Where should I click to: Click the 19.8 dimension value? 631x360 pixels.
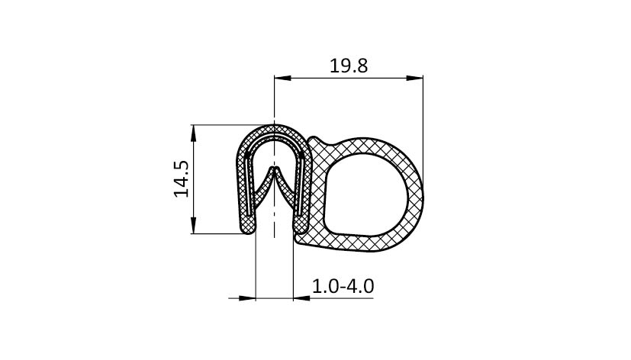point(349,66)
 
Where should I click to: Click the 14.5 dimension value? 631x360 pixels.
point(182,179)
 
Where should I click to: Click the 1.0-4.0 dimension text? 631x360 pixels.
point(343,286)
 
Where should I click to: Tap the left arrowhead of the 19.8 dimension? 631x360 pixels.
point(282,78)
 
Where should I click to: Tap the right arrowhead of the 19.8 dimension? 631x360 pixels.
point(414,78)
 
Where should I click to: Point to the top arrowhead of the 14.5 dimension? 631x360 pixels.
point(194,133)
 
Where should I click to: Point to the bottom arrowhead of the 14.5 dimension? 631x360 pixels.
point(194,225)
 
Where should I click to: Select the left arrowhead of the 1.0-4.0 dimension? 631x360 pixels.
point(247,298)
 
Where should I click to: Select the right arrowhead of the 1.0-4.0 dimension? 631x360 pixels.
point(302,298)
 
